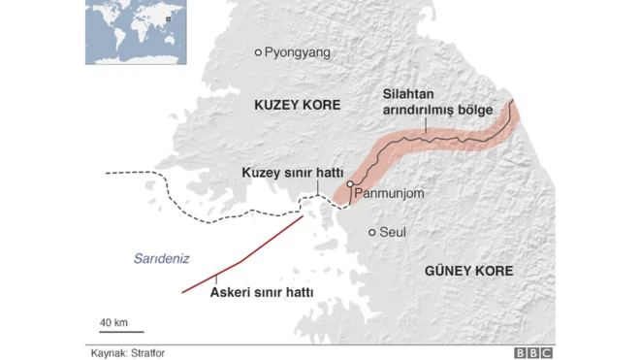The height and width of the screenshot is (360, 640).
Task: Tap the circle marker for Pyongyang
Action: click(x=258, y=52)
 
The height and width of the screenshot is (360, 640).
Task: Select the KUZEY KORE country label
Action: click(x=298, y=104)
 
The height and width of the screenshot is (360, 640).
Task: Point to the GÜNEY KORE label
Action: click(x=468, y=271)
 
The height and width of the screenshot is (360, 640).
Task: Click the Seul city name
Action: click(x=392, y=233)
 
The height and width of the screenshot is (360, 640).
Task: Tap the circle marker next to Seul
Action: click(x=372, y=232)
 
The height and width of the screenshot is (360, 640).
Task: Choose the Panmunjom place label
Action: click(x=390, y=194)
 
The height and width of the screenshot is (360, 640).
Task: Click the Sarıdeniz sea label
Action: click(x=159, y=258)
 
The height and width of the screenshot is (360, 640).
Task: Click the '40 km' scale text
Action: click(x=113, y=321)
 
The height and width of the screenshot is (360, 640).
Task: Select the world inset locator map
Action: click(x=134, y=33)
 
